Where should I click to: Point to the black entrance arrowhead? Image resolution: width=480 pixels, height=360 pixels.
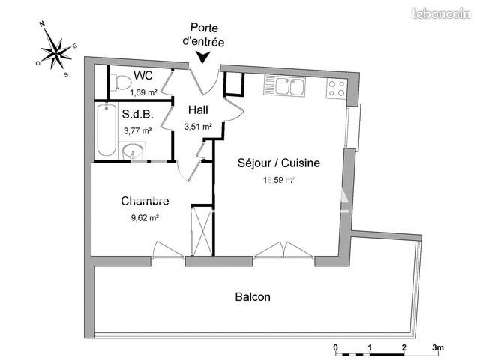[x=202, y=58]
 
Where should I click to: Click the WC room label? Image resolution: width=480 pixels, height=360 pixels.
[x=143, y=76]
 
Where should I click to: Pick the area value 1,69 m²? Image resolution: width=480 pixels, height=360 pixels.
[x=142, y=92]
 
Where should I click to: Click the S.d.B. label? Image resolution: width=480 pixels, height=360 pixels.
[x=137, y=115]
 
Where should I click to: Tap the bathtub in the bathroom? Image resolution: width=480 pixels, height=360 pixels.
[x=104, y=130]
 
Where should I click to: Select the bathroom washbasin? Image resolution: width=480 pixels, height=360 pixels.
[x=133, y=150]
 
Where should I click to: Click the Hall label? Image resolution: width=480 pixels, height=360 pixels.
[x=199, y=110]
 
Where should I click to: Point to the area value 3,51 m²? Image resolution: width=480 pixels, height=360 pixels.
[x=199, y=127]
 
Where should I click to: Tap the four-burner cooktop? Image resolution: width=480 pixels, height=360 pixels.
[x=336, y=89]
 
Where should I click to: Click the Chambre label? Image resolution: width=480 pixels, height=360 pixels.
[x=145, y=201]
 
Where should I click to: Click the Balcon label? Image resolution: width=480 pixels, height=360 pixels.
[x=253, y=297]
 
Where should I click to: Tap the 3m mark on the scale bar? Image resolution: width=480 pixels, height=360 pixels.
[x=438, y=347]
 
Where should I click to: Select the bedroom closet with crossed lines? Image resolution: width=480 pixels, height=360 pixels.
[x=200, y=230]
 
